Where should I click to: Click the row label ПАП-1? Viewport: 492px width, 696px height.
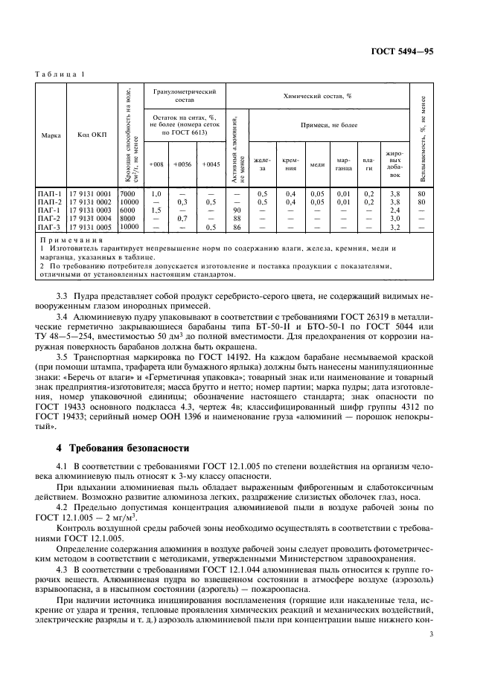point(51,193)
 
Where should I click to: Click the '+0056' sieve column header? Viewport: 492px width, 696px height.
point(182,164)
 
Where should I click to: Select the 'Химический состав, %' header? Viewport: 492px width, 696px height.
point(328,96)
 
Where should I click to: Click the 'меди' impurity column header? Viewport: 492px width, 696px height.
point(317,164)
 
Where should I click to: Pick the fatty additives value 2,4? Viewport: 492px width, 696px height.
point(394,210)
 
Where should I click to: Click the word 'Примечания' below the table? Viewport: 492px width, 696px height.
point(72,239)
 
